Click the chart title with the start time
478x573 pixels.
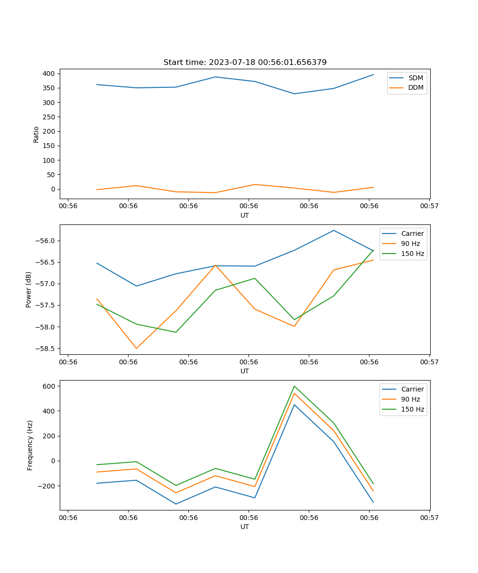tap(245, 63)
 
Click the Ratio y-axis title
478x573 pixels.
tap(36, 134)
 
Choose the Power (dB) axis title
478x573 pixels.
tap(29, 289)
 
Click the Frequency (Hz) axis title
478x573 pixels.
tap(30, 445)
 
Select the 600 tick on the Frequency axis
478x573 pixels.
tap(50, 386)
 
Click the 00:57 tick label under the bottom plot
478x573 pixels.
tap(429, 517)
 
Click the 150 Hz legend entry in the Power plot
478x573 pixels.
tap(413, 254)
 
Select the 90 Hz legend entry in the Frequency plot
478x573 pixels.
tap(411, 399)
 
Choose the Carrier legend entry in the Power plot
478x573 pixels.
tap(412, 233)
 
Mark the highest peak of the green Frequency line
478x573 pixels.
tap(294, 386)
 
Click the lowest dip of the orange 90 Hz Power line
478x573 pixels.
tap(136, 349)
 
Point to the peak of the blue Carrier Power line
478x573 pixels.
tap(334, 230)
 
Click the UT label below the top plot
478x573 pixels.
tap(245, 215)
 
